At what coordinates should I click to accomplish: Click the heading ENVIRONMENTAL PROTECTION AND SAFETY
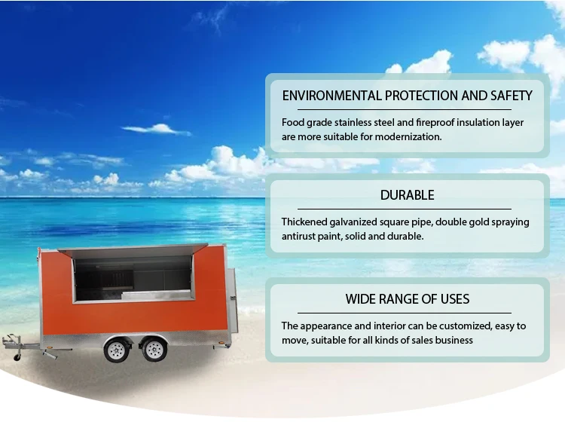(407, 96)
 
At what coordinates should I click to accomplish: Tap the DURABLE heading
(407, 195)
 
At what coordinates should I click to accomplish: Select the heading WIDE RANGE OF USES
(407, 298)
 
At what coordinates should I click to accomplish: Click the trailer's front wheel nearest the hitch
(117, 349)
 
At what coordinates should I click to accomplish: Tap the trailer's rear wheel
(154, 349)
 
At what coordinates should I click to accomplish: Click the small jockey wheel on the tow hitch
(17, 357)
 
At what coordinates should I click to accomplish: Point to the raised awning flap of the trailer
(133, 250)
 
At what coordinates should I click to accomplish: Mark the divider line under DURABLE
(405, 209)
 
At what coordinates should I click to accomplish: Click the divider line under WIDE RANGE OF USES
(405, 313)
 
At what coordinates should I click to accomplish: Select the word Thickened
(304, 222)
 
